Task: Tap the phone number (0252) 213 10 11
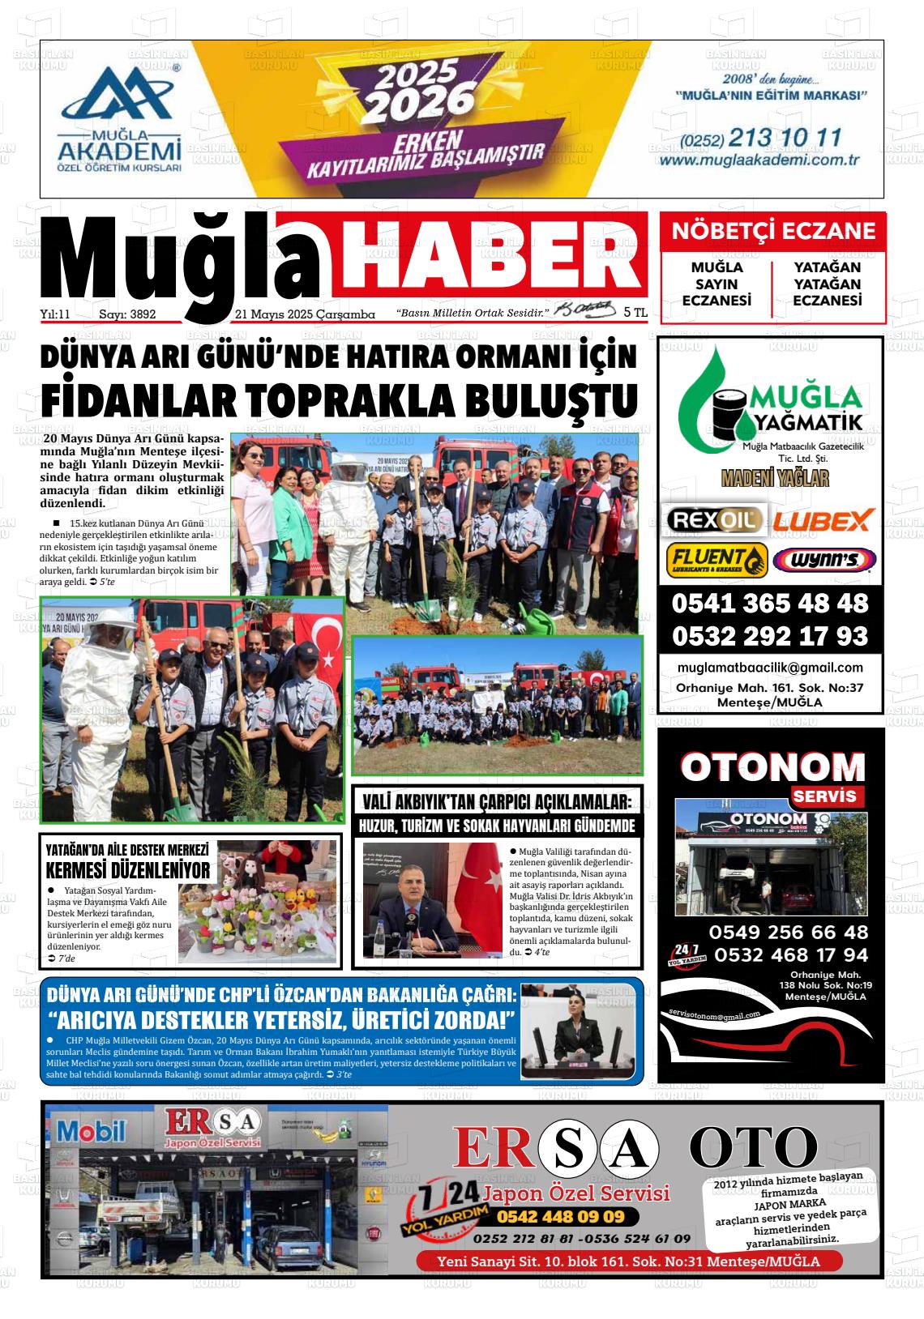tap(761, 138)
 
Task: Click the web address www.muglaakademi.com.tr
tap(759, 160)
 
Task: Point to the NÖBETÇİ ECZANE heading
tap(773, 231)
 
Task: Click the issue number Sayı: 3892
tap(126, 314)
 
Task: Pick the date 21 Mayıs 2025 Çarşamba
tap(304, 314)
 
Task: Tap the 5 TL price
tap(635, 312)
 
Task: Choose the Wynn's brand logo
tap(823, 560)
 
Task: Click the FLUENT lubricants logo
tap(716, 560)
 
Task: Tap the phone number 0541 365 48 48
tap(769, 604)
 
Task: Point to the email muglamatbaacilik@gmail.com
tap(769, 668)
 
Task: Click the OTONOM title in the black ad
tap(772, 767)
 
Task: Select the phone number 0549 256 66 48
tap(788, 932)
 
